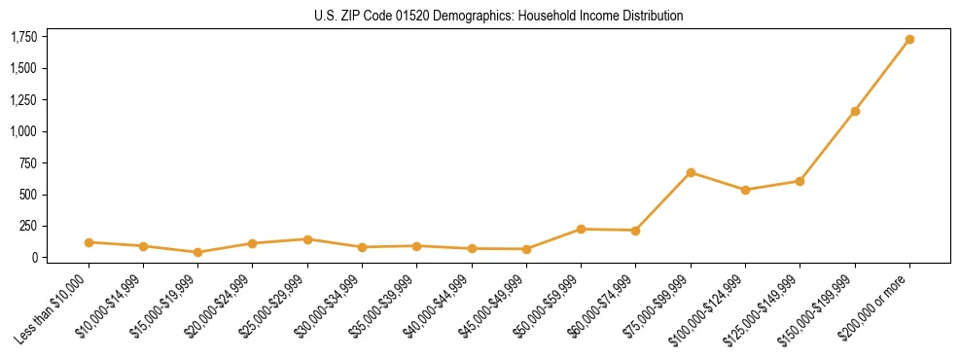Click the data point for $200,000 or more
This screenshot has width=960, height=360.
[909, 40]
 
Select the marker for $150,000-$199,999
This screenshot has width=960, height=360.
[855, 111]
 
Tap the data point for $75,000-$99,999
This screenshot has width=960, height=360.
[691, 172]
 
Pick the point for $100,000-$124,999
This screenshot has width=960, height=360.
[745, 190]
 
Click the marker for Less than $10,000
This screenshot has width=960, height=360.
[89, 242]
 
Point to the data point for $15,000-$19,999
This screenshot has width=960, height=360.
[197, 252]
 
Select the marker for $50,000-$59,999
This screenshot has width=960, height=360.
[581, 229]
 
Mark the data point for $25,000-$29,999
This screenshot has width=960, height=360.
[307, 238]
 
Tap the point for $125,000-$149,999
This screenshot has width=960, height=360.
[800, 181]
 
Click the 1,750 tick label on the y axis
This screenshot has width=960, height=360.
[24, 37]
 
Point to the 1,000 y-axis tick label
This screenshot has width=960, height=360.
[24, 131]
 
